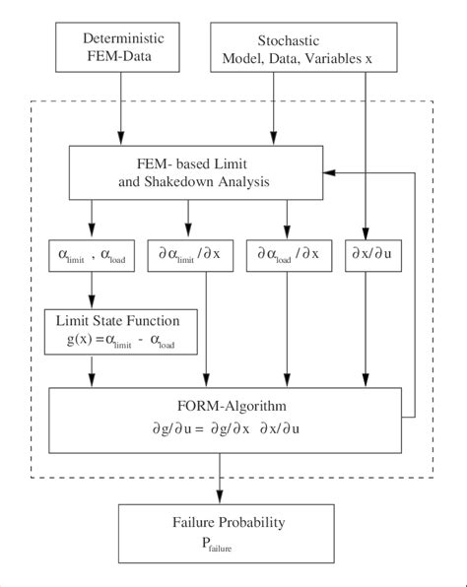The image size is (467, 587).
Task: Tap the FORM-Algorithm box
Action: (226, 413)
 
